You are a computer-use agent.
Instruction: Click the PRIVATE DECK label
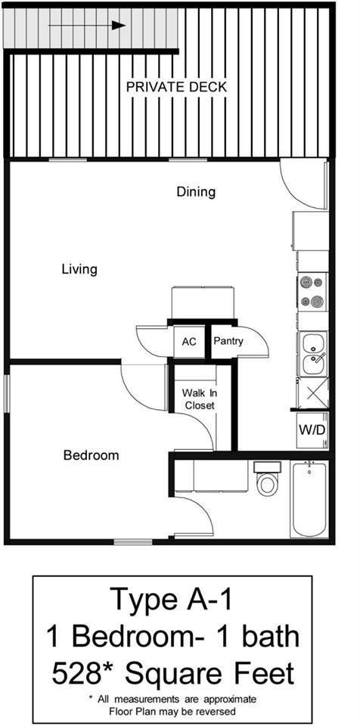176,87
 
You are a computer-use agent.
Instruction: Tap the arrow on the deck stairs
86,25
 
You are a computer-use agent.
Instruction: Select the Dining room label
196,191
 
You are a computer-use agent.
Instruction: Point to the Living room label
79,269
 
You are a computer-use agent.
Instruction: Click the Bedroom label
91,455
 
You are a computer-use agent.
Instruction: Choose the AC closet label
189,342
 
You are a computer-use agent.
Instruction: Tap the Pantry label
228,342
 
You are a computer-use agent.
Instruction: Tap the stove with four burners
312,292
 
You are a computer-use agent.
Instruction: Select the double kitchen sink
312,355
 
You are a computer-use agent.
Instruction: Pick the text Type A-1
172,600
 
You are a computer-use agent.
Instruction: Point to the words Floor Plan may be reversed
172,712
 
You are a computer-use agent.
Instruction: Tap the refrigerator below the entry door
311,231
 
